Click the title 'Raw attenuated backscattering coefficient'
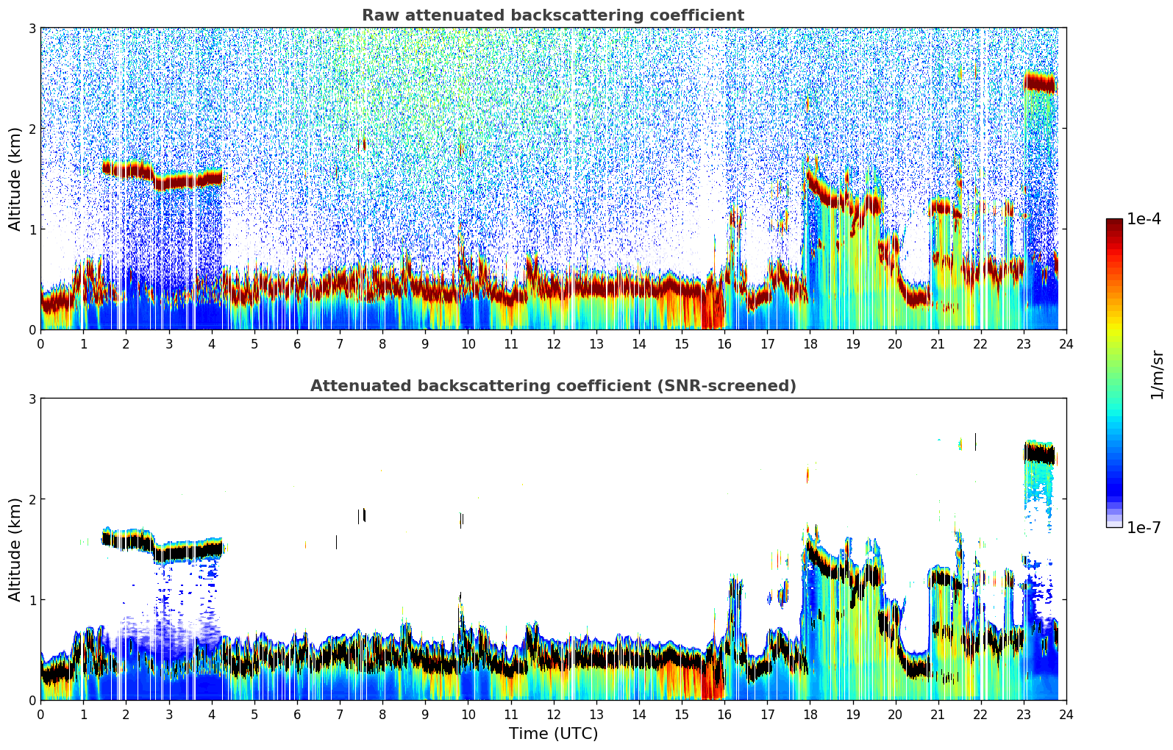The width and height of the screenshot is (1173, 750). click(x=552, y=15)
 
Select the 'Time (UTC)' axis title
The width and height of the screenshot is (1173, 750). click(x=553, y=734)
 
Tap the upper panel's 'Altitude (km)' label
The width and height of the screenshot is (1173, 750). click(x=15, y=179)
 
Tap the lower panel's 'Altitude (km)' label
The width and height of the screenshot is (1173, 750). click(x=15, y=549)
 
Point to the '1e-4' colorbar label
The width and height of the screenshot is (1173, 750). click(x=1144, y=219)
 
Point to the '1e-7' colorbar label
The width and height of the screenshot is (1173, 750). click(x=1144, y=527)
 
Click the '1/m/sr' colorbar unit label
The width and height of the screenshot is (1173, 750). click(x=1157, y=374)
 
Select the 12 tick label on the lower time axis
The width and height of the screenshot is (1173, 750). click(x=553, y=715)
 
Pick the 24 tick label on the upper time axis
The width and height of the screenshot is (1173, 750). click(x=1066, y=344)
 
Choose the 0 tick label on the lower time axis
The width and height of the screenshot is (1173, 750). click(x=40, y=715)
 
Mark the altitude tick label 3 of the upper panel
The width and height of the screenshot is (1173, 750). click(x=32, y=28)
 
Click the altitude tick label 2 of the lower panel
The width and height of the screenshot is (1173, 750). click(x=32, y=499)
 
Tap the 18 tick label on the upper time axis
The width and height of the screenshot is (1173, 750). click(x=810, y=344)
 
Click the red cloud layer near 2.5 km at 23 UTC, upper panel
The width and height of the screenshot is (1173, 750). click(x=1039, y=82)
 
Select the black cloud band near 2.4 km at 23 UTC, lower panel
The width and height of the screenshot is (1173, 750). click(x=1039, y=455)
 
